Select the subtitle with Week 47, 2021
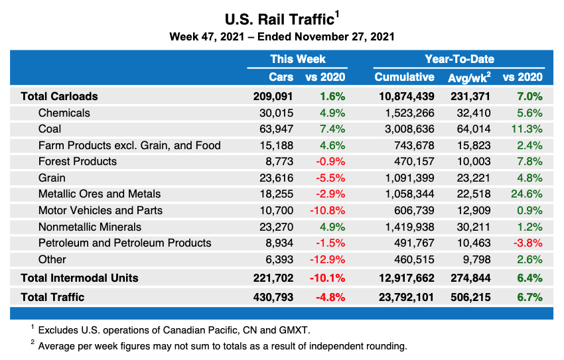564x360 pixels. point(282,36)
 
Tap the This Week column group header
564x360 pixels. point(297,59)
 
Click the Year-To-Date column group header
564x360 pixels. point(459,59)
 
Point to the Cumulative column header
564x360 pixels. point(404,77)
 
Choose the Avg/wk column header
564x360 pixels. point(469,78)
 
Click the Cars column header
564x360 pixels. point(281,77)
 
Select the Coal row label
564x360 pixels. point(50,129)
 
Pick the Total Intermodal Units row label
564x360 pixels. point(79,278)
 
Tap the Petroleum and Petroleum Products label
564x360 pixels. point(125,243)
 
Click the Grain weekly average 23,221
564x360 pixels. point(474,178)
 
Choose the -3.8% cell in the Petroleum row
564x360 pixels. point(529,243)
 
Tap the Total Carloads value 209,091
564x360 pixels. point(273,96)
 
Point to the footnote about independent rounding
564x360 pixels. point(222,346)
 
